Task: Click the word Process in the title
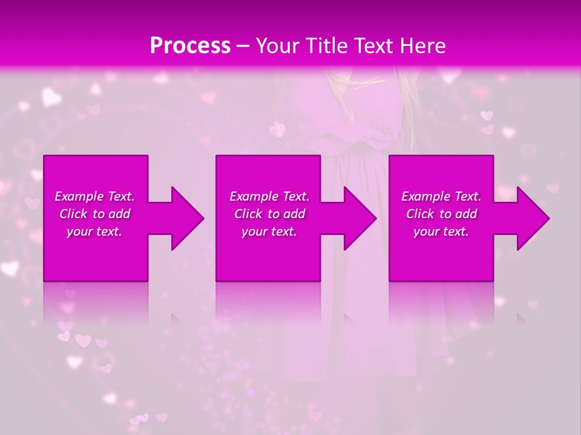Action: point(190,46)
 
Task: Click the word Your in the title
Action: point(280,46)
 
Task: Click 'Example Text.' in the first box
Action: point(94,196)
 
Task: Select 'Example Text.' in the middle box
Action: point(269,196)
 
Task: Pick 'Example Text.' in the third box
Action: point(441,196)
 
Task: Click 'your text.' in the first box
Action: point(94,231)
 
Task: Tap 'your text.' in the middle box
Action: point(269,231)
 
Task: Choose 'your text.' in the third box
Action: point(441,231)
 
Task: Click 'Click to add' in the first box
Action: point(94,214)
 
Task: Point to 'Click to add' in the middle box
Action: point(269,214)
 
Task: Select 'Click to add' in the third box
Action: point(441,214)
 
